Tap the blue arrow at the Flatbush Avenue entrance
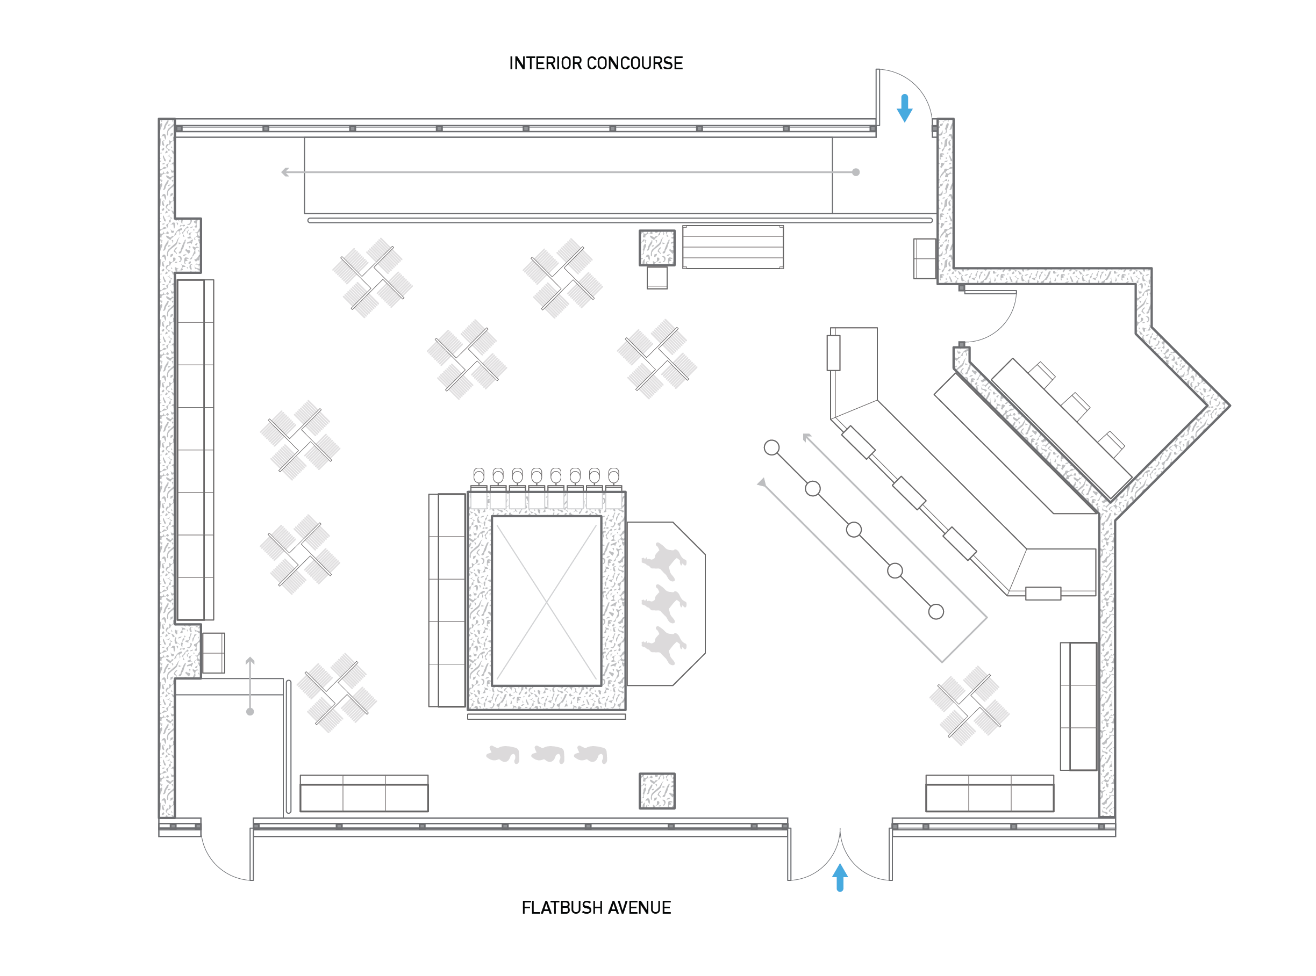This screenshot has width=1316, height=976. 840,877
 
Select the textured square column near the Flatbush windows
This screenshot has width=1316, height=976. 657,791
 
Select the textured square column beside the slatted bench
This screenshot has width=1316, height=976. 657,248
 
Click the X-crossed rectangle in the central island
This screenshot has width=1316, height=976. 546,601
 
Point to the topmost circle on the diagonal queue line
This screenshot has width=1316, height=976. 771,448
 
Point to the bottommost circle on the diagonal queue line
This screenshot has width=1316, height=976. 936,611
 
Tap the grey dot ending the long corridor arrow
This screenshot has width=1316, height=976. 855,172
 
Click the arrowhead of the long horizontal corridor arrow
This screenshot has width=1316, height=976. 285,172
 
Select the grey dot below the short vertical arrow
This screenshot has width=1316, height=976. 250,711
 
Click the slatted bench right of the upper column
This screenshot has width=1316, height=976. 733,247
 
